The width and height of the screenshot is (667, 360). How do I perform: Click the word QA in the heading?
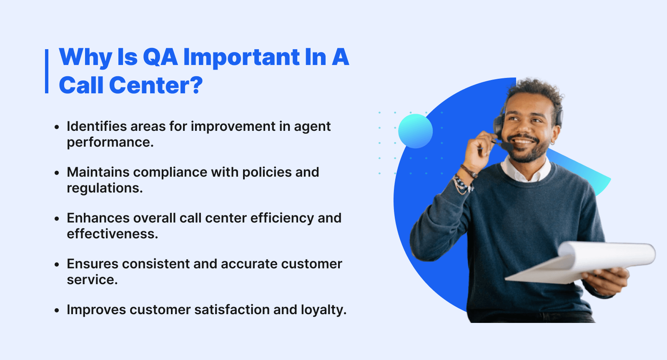tap(160, 57)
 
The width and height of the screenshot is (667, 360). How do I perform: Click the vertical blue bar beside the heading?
tap(47, 71)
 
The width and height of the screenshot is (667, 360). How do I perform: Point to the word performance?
tap(110, 142)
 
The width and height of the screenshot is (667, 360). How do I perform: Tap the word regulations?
tap(104, 188)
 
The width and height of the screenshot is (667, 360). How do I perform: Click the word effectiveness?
tap(112, 234)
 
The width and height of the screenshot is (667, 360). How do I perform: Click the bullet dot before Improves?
tap(57, 310)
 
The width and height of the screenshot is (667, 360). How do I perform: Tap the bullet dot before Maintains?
tap(57, 173)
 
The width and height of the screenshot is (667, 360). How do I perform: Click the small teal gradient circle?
tap(415, 131)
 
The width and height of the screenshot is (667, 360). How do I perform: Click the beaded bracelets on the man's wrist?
tap(463, 184)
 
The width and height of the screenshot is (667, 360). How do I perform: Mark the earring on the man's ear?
tap(553, 142)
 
